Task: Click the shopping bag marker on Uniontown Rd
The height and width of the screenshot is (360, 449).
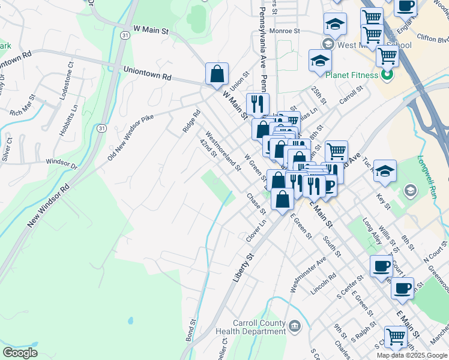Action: (x=217, y=74)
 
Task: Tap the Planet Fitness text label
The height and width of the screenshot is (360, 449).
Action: (x=352, y=76)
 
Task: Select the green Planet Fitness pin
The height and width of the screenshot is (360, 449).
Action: (x=388, y=76)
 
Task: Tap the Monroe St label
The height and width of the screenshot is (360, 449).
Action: (x=284, y=30)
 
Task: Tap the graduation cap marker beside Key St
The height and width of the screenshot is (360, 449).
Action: (x=385, y=170)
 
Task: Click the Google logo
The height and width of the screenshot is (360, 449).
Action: (x=20, y=352)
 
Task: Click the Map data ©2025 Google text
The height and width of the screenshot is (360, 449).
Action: (x=411, y=355)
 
